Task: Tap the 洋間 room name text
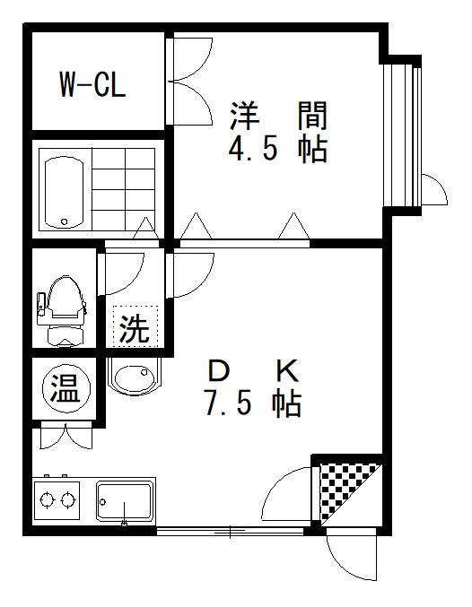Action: click(279, 115)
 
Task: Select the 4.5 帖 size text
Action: click(278, 150)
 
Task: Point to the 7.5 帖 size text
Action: click(253, 404)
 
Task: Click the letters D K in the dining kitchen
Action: click(253, 370)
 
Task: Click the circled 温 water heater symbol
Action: click(66, 388)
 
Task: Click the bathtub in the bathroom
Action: click(64, 193)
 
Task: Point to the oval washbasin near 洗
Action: click(134, 377)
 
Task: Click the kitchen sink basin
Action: click(124, 502)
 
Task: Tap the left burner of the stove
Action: click(47, 500)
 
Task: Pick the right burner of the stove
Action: click(67, 500)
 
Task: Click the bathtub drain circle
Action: click(65, 221)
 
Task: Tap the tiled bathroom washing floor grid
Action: click(123, 189)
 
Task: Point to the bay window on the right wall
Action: click(401, 135)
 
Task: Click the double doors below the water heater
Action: click(66, 437)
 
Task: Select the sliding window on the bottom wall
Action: click(231, 531)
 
